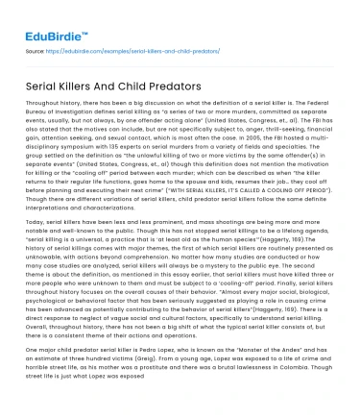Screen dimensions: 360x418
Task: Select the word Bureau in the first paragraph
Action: [38, 110]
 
